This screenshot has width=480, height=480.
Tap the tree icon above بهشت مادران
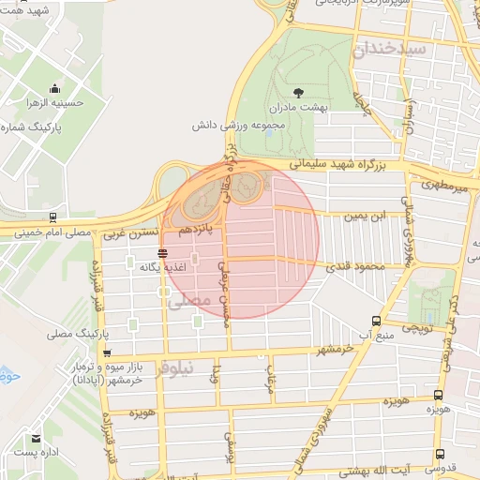[298, 92]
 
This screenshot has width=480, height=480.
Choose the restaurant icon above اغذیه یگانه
[163, 253]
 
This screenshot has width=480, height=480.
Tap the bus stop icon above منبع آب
[376, 319]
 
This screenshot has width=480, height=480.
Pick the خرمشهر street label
[308, 350]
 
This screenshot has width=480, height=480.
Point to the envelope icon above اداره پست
[37, 439]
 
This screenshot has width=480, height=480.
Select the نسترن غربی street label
[126, 232]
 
